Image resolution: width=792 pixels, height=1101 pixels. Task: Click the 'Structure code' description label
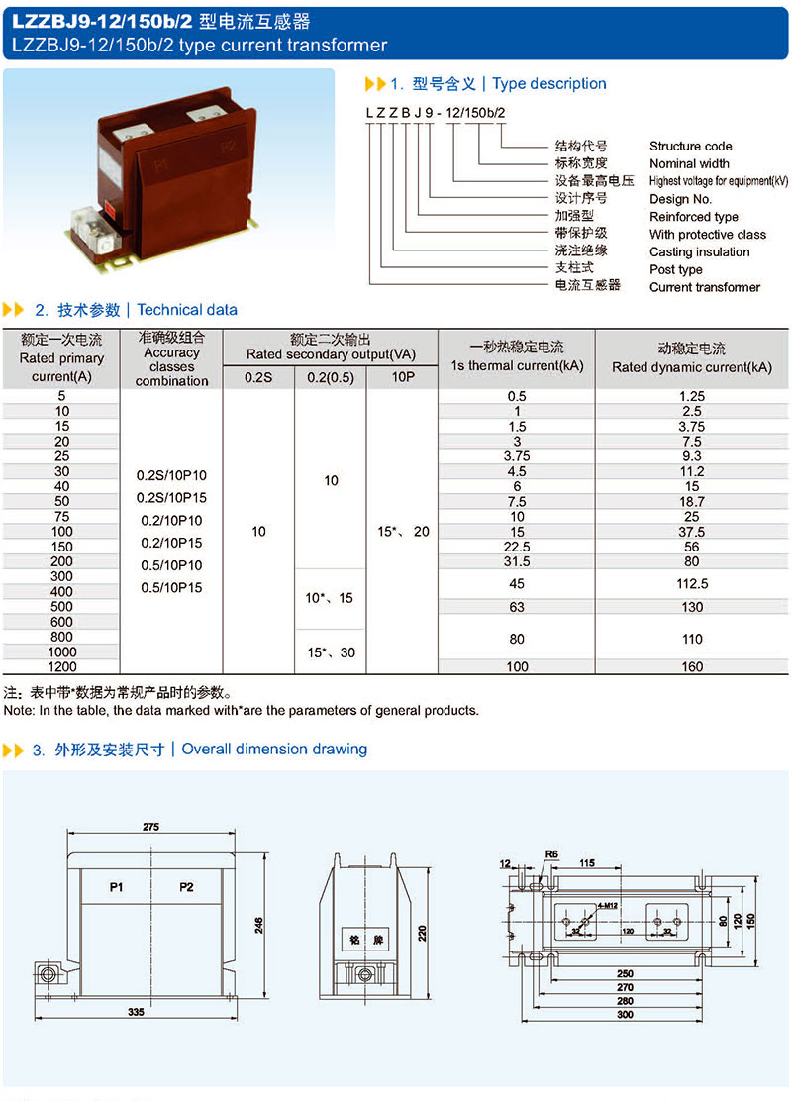coord(690,146)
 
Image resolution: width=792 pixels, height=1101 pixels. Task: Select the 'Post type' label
coord(675,269)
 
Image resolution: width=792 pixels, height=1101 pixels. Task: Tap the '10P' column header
coord(402,376)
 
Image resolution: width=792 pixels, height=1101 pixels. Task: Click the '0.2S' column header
coord(258,376)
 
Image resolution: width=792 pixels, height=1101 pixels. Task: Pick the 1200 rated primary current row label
coord(61,667)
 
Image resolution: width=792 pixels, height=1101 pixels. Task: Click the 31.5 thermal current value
coord(517,561)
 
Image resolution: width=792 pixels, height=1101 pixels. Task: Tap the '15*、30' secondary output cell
coord(331,651)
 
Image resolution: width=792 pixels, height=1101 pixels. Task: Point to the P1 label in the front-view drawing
coord(116,887)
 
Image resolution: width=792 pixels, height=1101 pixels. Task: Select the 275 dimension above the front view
coord(150,827)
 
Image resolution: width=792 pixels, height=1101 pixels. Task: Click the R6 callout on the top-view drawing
coord(552,853)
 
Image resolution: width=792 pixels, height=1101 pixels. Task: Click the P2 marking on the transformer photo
coord(227,148)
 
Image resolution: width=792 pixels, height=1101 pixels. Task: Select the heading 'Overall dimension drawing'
coord(274,749)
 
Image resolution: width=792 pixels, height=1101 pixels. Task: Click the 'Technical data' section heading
coord(187,310)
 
